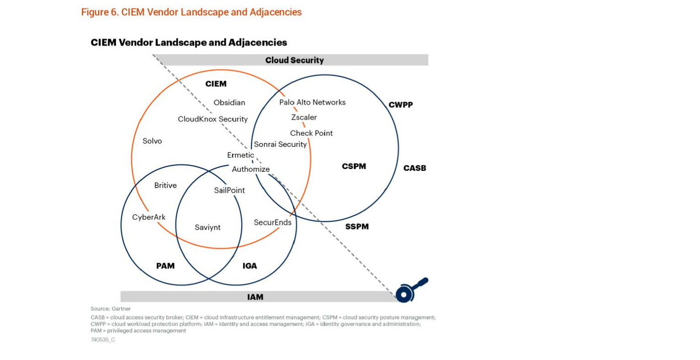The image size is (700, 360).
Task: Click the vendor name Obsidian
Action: pyautogui.click(x=229, y=103)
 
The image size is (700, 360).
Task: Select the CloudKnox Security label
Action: pyautogui.click(x=212, y=119)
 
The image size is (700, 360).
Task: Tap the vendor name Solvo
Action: pyautogui.click(x=152, y=141)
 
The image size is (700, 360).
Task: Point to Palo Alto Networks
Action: pyautogui.click(x=313, y=102)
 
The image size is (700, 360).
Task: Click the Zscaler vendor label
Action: pyautogui.click(x=304, y=117)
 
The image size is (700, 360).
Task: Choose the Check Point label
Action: pyautogui.click(x=311, y=133)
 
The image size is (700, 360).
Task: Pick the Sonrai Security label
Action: pyautogui.click(x=280, y=144)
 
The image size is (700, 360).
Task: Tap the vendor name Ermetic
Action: pyautogui.click(x=240, y=155)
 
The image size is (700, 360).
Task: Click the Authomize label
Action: pyautogui.click(x=250, y=169)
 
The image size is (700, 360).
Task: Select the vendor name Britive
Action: pyautogui.click(x=165, y=185)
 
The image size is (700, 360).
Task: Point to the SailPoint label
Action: pyautogui.click(x=229, y=191)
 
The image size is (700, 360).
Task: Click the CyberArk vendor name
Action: pyautogui.click(x=149, y=217)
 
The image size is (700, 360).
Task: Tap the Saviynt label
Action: pyautogui.click(x=207, y=228)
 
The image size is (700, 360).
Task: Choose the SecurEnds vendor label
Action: pyautogui.click(x=272, y=222)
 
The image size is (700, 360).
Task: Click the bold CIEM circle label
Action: pyautogui.click(x=216, y=84)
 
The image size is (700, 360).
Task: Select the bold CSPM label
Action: pyautogui.click(x=354, y=166)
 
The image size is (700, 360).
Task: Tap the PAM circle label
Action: pyautogui.click(x=165, y=266)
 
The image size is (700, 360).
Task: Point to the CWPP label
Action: pyautogui.click(x=401, y=105)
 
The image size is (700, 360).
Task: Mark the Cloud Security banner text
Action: pyautogui.click(x=294, y=60)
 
